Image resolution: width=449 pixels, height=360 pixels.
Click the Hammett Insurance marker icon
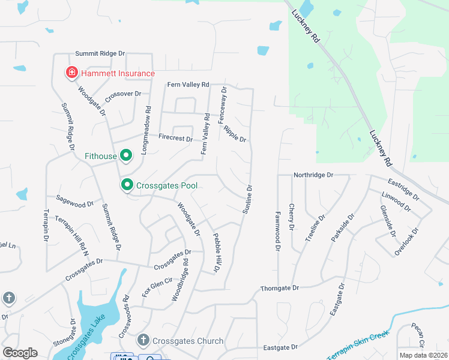click(x=72, y=73)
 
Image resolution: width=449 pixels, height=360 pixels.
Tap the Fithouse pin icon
click(x=126, y=156)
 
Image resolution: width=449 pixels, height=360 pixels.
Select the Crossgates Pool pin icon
click(x=127, y=185)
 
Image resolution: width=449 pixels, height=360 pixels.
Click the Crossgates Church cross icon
click(x=143, y=340)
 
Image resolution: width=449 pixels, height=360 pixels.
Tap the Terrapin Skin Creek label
click(x=354, y=344)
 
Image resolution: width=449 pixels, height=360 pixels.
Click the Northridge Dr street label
click(x=313, y=175)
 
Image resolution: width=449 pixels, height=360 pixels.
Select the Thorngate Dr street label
click(x=279, y=289)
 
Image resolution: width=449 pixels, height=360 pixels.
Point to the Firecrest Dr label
click(x=176, y=139)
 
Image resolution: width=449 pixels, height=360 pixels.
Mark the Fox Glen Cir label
click(x=157, y=284)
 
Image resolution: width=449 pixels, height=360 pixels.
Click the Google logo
click(x=20, y=353)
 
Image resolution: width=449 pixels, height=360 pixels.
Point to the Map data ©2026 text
click(x=423, y=355)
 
